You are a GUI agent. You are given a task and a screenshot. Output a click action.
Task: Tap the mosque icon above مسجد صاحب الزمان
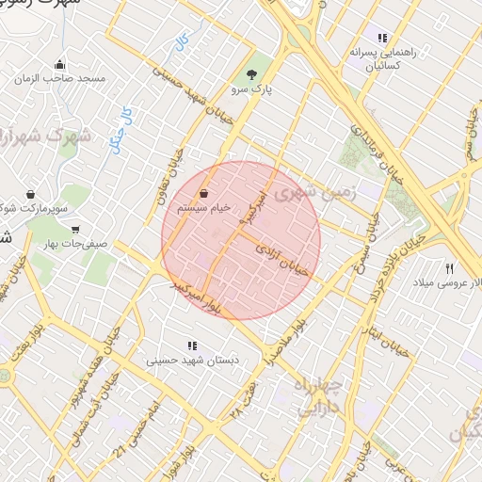tap(60, 65)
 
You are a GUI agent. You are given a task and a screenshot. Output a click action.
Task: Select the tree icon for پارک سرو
tap(251, 74)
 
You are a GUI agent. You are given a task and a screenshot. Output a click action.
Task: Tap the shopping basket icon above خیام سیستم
tap(203, 194)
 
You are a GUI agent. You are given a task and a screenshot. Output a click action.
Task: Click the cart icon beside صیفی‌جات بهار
tap(74, 229)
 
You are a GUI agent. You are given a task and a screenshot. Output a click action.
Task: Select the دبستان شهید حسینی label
tap(194, 361)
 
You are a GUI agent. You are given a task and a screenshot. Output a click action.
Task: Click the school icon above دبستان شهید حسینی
tap(193, 345)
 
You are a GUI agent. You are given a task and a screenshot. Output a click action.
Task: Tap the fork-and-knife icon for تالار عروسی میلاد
tap(450, 268)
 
